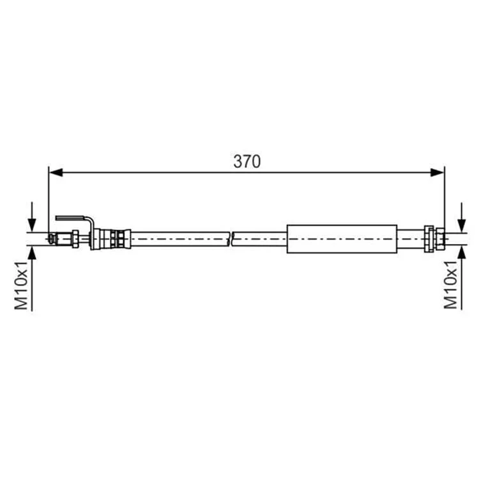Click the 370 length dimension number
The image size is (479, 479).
pos(247,162)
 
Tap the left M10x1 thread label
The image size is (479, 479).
pos(21,285)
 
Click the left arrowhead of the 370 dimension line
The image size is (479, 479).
pos(56,172)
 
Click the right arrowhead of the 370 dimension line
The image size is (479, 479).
pos(437,172)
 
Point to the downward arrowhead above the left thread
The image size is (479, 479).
pos(32,225)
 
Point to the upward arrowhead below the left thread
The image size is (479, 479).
pos(32,253)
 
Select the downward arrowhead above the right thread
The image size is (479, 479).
pos(462,225)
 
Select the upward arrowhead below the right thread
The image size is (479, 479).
pos(462,253)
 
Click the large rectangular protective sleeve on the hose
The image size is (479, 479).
pos(342,239)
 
